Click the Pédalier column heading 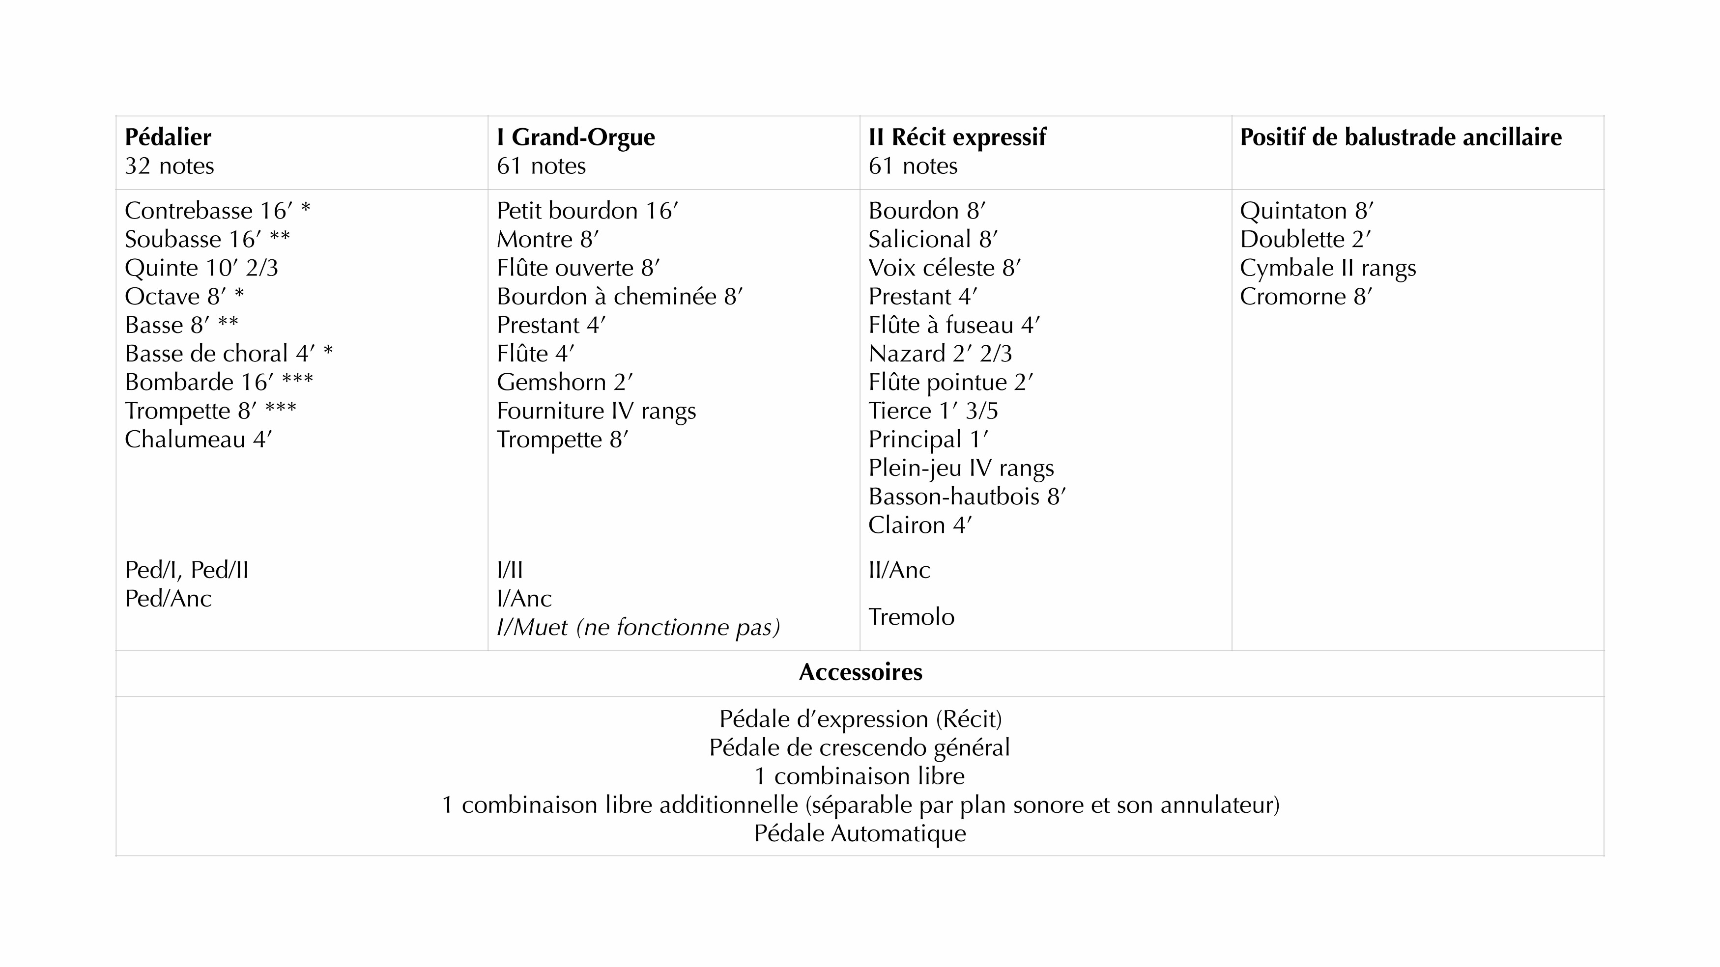click(x=168, y=138)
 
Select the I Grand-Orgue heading click(x=575, y=138)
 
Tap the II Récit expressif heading click(x=957, y=138)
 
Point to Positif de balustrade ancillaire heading click(x=1400, y=138)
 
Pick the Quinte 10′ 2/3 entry click(x=201, y=268)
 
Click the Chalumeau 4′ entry click(x=199, y=440)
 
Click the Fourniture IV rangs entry click(x=596, y=411)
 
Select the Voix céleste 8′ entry click(x=944, y=268)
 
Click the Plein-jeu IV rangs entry click(x=960, y=469)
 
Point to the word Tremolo click(x=911, y=617)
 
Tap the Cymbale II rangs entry click(x=1327, y=268)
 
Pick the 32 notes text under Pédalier click(x=169, y=166)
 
